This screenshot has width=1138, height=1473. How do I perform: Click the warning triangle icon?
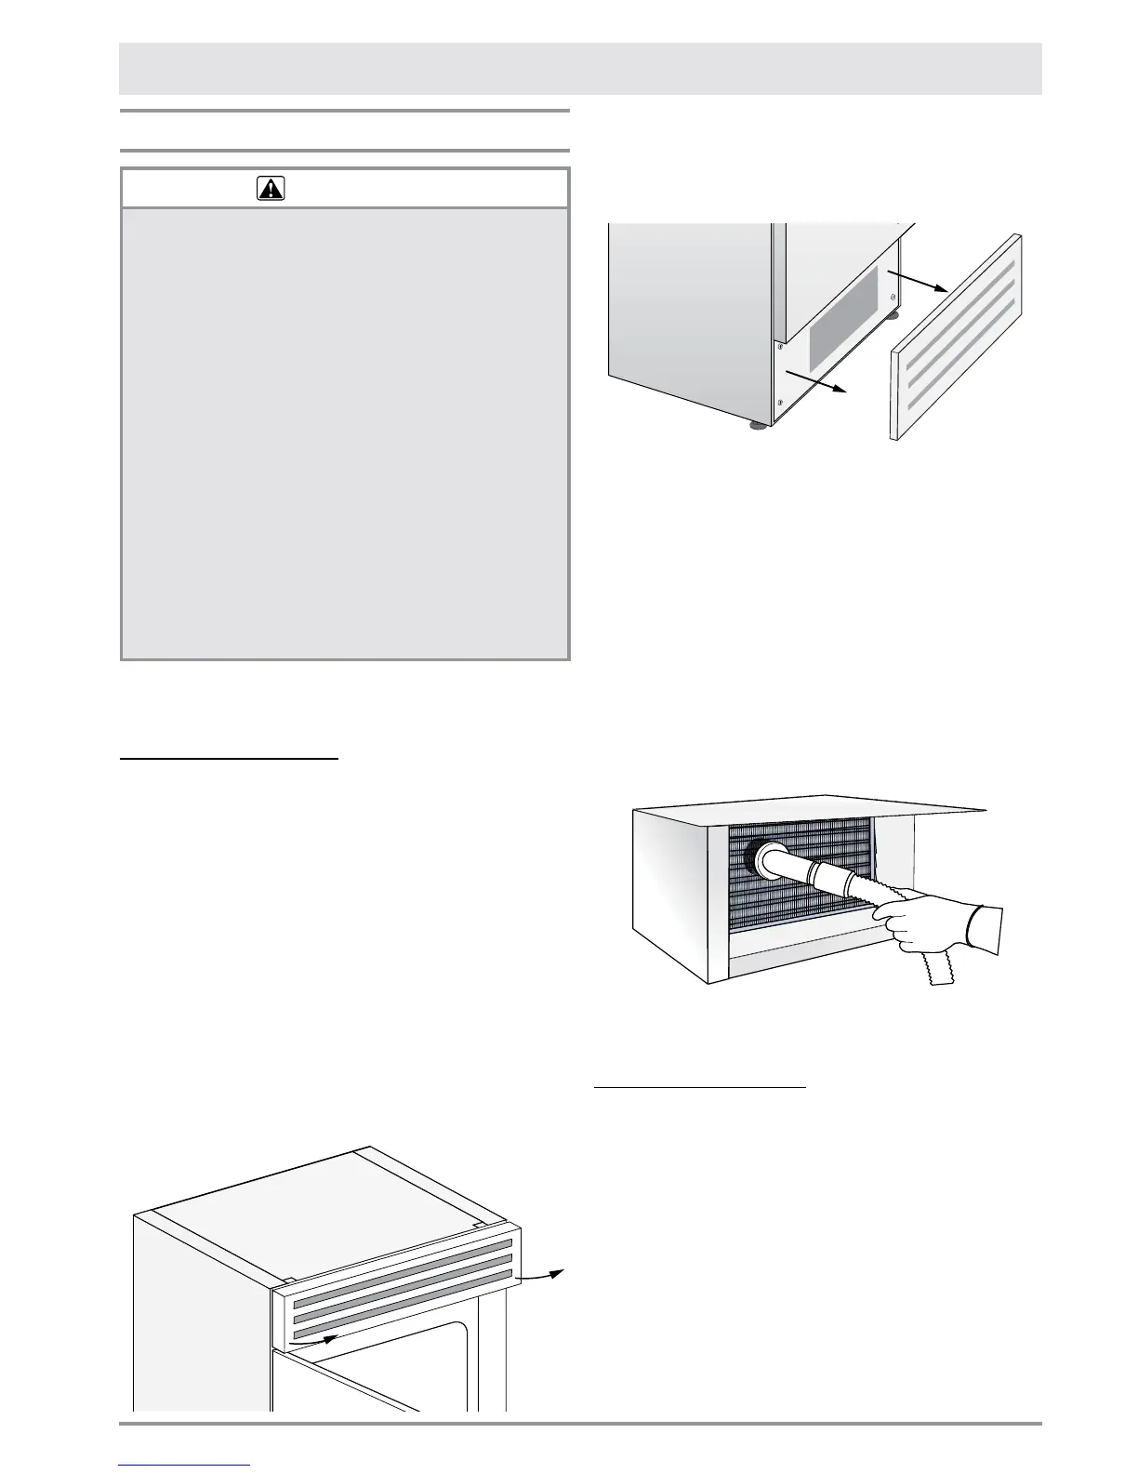tap(271, 189)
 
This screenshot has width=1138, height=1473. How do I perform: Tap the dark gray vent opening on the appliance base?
tap(842, 313)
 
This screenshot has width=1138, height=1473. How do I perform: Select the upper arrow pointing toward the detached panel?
tap(916, 281)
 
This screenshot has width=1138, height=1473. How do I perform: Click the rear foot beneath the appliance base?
tap(892, 315)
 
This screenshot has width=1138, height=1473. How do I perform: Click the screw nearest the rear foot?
tap(893, 299)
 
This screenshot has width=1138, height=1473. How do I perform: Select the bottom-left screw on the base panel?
tap(779, 403)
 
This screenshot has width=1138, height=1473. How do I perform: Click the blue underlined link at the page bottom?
tap(185, 1466)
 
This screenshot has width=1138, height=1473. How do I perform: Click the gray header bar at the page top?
tap(580, 68)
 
